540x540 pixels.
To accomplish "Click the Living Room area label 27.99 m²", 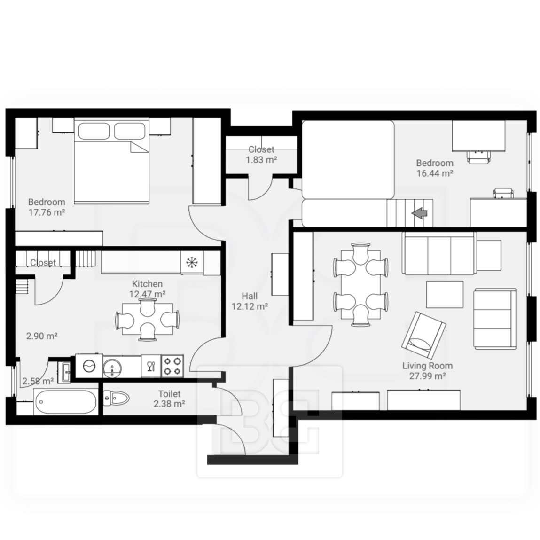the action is tap(427, 376).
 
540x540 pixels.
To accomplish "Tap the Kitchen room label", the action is tap(147, 284).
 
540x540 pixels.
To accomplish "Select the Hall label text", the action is tap(250, 296).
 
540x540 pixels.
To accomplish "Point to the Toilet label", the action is tap(169, 394).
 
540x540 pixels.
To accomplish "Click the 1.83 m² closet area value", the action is tap(261, 160).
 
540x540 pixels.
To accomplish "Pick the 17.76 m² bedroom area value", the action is tap(47, 212).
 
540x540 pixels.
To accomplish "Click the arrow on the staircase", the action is tap(420, 213).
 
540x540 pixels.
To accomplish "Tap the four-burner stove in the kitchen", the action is tap(172, 366).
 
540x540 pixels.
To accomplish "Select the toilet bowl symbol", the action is tap(116, 399).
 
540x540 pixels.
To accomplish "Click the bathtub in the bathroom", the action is tap(65, 402).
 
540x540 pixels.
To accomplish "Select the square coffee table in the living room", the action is tap(445, 295).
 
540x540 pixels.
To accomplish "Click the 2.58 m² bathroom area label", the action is tap(38, 381).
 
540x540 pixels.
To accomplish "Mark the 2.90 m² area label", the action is tap(42, 336).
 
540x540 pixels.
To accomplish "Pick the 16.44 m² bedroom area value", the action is tap(435, 173).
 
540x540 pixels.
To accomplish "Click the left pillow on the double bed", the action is tap(94, 131).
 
